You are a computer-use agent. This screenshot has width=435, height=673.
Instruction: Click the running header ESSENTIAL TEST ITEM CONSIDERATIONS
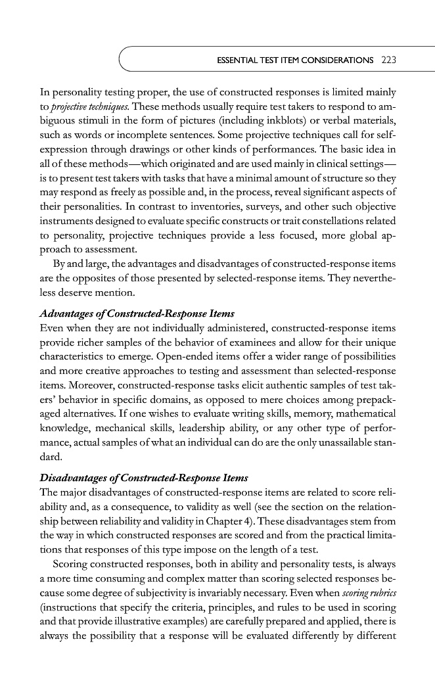tap(295, 60)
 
